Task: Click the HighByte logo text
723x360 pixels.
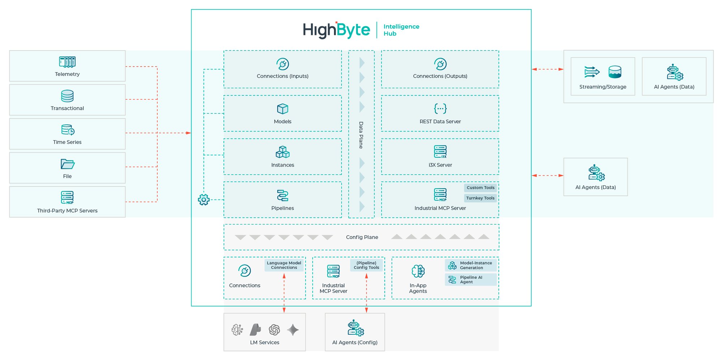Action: pyautogui.click(x=336, y=30)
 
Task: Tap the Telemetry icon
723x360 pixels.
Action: pyautogui.click(x=67, y=62)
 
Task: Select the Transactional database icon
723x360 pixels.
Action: pyautogui.click(x=67, y=96)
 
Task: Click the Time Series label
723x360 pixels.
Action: pyautogui.click(x=67, y=142)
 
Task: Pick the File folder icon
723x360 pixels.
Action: pyautogui.click(x=67, y=164)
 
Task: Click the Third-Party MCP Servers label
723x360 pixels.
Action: pyautogui.click(x=67, y=211)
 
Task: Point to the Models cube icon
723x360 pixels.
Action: pyautogui.click(x=282, y=109)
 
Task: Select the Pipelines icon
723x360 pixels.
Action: pyautogui.click(x=282, y=195)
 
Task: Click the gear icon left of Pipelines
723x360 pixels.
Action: pyautogui.click(x=204, y=200)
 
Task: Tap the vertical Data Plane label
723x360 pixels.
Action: pyautogui.click(x=361, y=135)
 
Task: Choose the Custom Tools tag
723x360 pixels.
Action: pyautogui.click(x=480, y=188)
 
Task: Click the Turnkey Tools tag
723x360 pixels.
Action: pyautogui.click(x=480, y=198)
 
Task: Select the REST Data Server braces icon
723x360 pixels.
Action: pyautogui.click(x=440, y=108)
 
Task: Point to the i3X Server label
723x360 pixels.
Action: pyautogui.click(x=440, y=165)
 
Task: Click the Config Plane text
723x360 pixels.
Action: pyautogui.click(x=362, y=237)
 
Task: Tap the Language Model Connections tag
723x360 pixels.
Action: pyautogui.click(x=284, y=265)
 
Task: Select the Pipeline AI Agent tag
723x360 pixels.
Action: pyautogui.click(x=471, y=280)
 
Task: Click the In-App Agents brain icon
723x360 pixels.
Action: pyautogui.click(x=418, y=271)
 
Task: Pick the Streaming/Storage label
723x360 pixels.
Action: pyautogui.click(x=603, y=87)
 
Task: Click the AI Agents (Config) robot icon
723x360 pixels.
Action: pyautogui.click(x=355, y=328)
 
